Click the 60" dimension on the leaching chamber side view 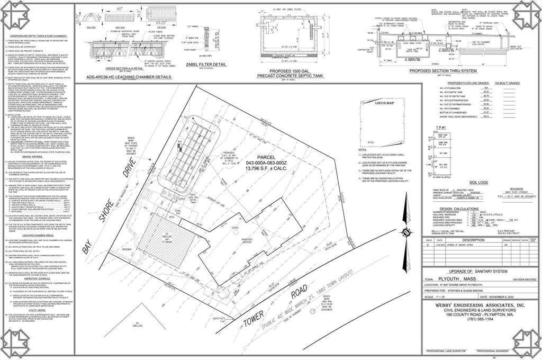point(120,9)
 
